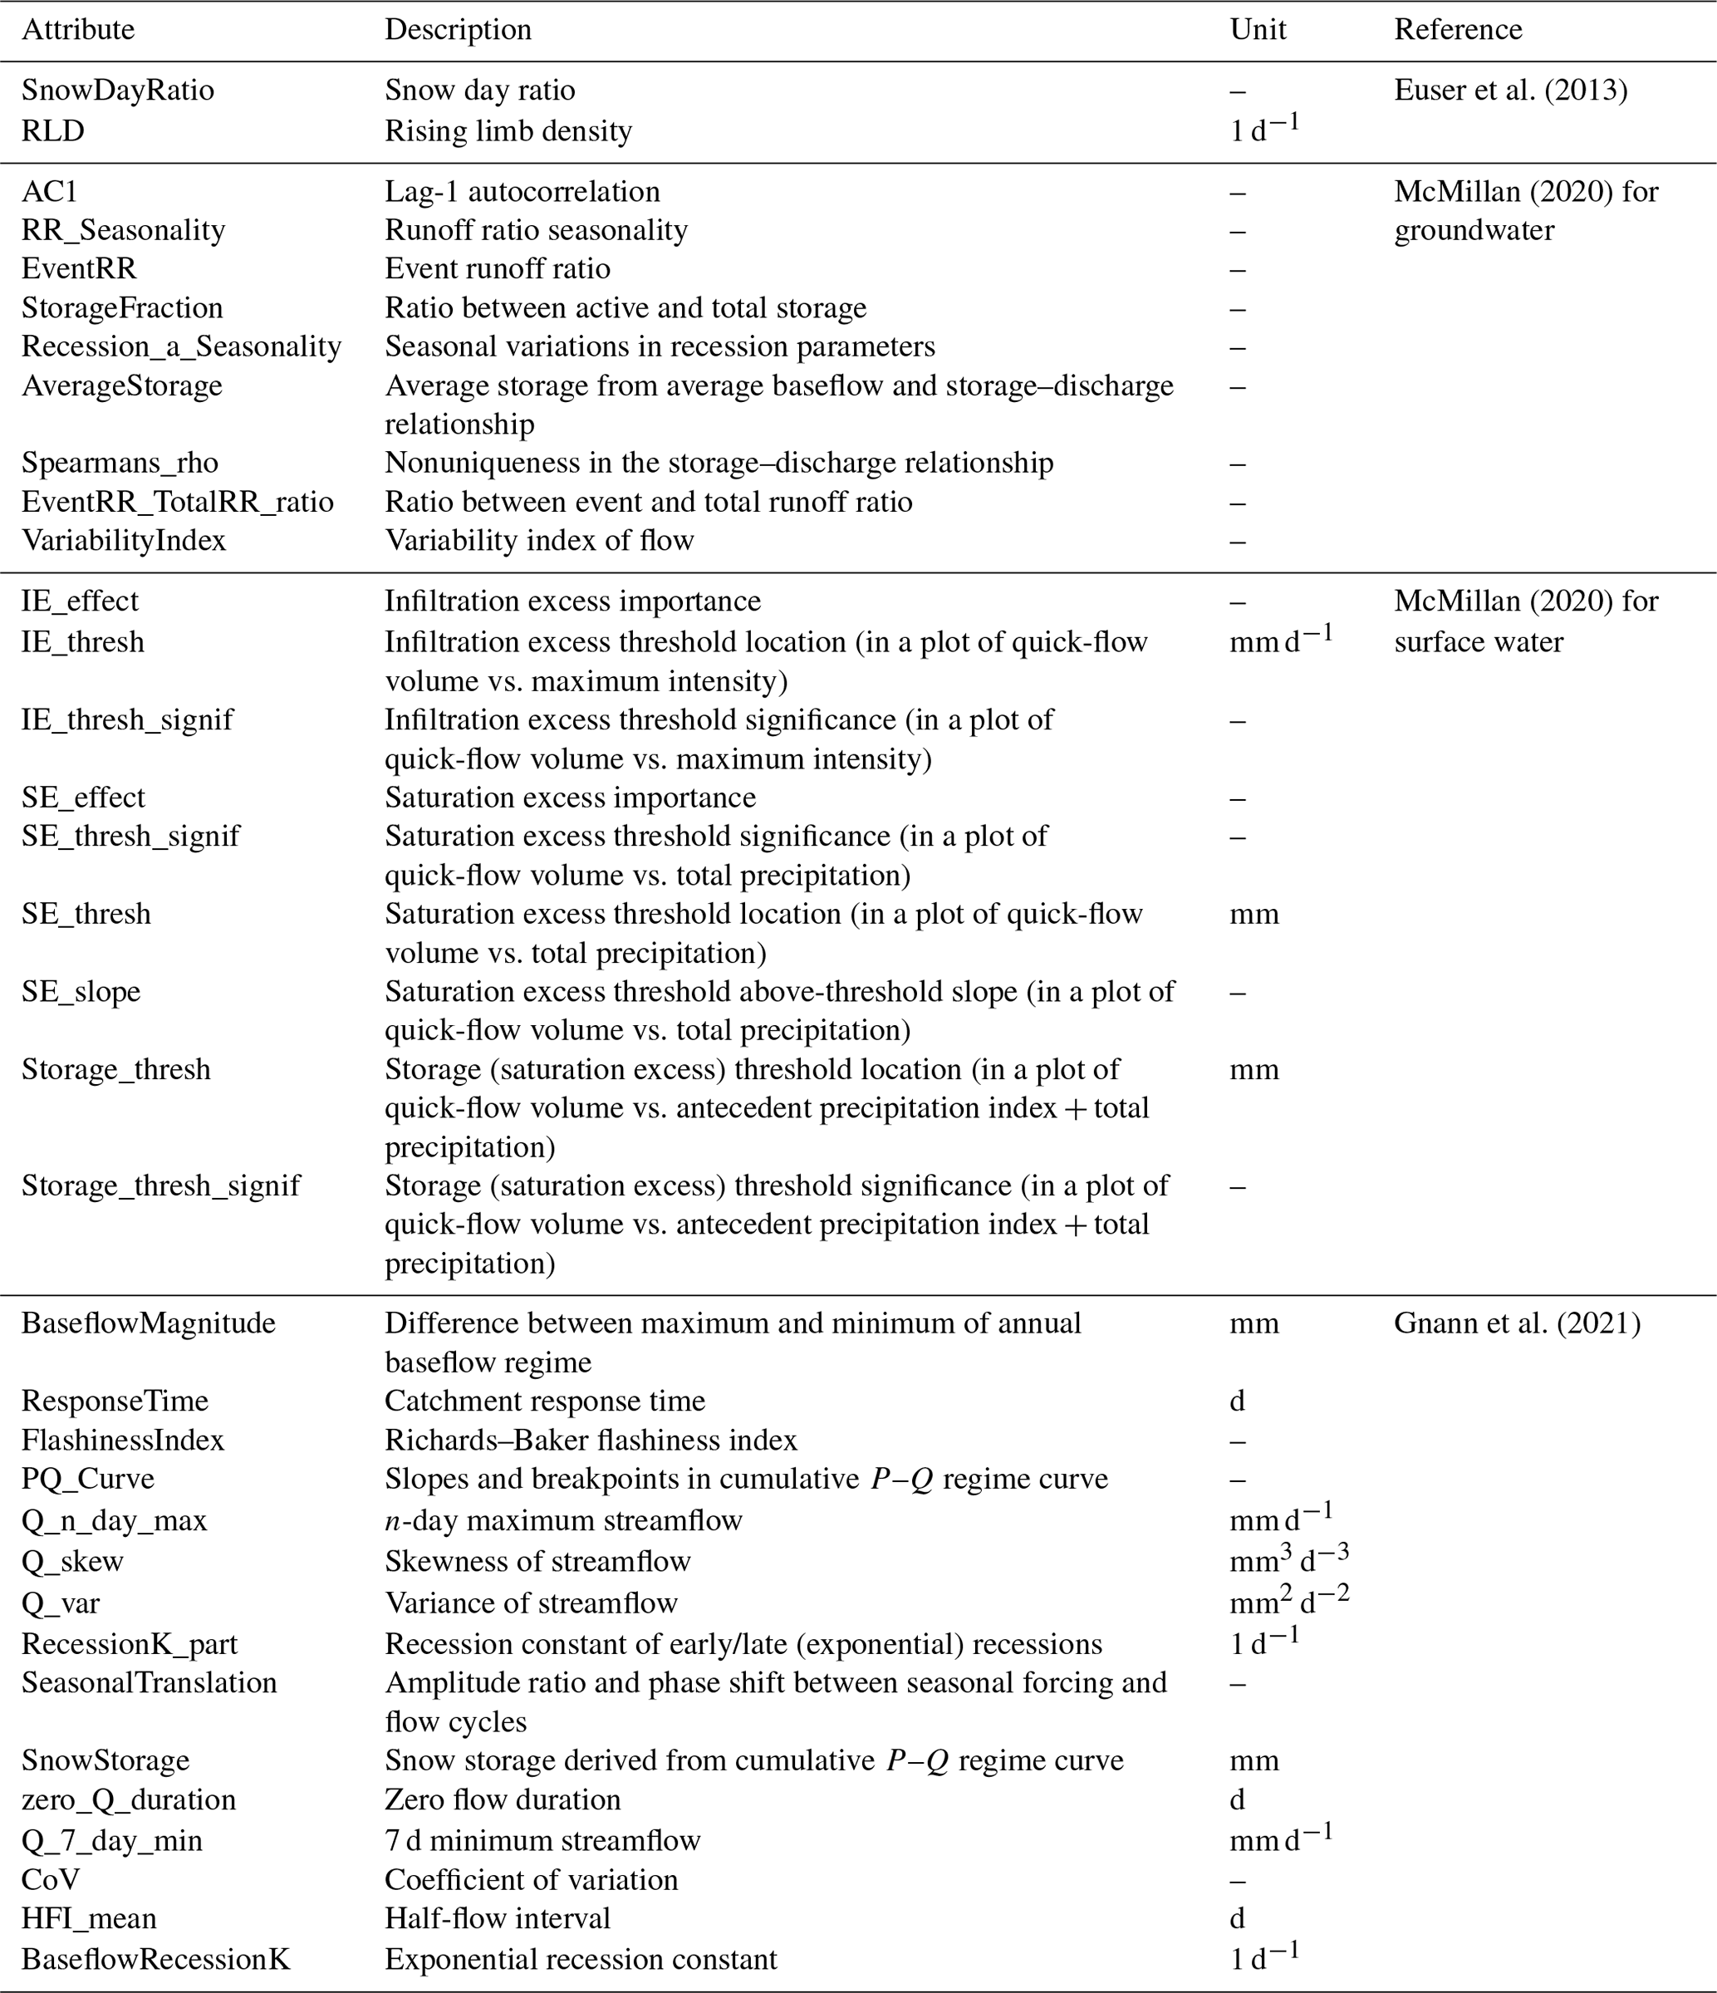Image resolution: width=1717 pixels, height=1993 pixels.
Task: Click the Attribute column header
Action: click(x=78, y=30)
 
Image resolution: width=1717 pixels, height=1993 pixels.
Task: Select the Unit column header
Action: click(x=1257, y=30)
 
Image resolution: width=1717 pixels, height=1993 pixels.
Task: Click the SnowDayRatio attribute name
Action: click(x=117, y=91)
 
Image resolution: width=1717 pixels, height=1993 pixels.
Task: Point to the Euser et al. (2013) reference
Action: click(x=1510, y=91)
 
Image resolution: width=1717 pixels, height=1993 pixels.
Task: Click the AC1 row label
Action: click(x=49, y=191)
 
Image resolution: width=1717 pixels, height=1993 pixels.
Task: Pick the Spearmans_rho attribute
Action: click(x=120, y=463)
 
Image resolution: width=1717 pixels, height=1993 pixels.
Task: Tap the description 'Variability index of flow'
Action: click(x=538, y=541)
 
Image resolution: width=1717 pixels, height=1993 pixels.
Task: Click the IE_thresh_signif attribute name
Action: click(x=127, y=719)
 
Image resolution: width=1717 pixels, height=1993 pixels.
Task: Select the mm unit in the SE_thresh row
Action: click(x=1253, y=914)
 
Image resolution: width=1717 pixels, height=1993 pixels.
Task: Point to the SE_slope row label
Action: click(x=81, y=992)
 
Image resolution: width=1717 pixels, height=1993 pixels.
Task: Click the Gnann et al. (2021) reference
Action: click(x=1517, y=1323)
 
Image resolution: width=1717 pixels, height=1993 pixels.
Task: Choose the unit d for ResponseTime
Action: click(x=1237, y=1401)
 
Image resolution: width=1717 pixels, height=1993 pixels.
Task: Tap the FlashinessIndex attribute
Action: click(x=122, y=1440)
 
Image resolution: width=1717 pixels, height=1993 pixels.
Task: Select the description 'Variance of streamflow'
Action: click(x=531, y=1603)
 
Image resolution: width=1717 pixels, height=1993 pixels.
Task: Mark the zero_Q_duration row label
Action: click(x=128, y=1799)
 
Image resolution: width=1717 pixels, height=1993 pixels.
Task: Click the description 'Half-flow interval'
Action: click(x=498, y=1918)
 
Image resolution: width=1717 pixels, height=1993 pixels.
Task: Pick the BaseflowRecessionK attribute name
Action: click(x=156, y=1959)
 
